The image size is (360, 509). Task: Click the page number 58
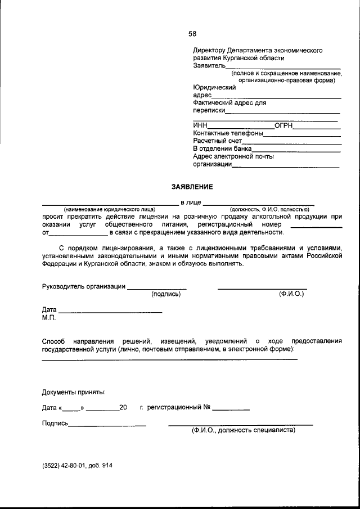coord(193,33)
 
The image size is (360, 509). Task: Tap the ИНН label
coord(200,125)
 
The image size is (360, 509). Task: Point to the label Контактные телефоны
coord(228,133)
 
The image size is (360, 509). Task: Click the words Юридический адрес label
coord(214,91)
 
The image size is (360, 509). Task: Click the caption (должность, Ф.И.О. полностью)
coord(269,209)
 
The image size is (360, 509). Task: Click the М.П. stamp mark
coord(49,318)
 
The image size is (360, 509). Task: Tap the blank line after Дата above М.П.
coord(110,312)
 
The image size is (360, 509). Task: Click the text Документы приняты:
coord(74,391)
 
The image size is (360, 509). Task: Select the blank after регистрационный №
coord(231,409)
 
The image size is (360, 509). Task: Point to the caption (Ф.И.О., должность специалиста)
coord(242,431)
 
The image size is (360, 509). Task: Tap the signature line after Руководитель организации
coord(156,288)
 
